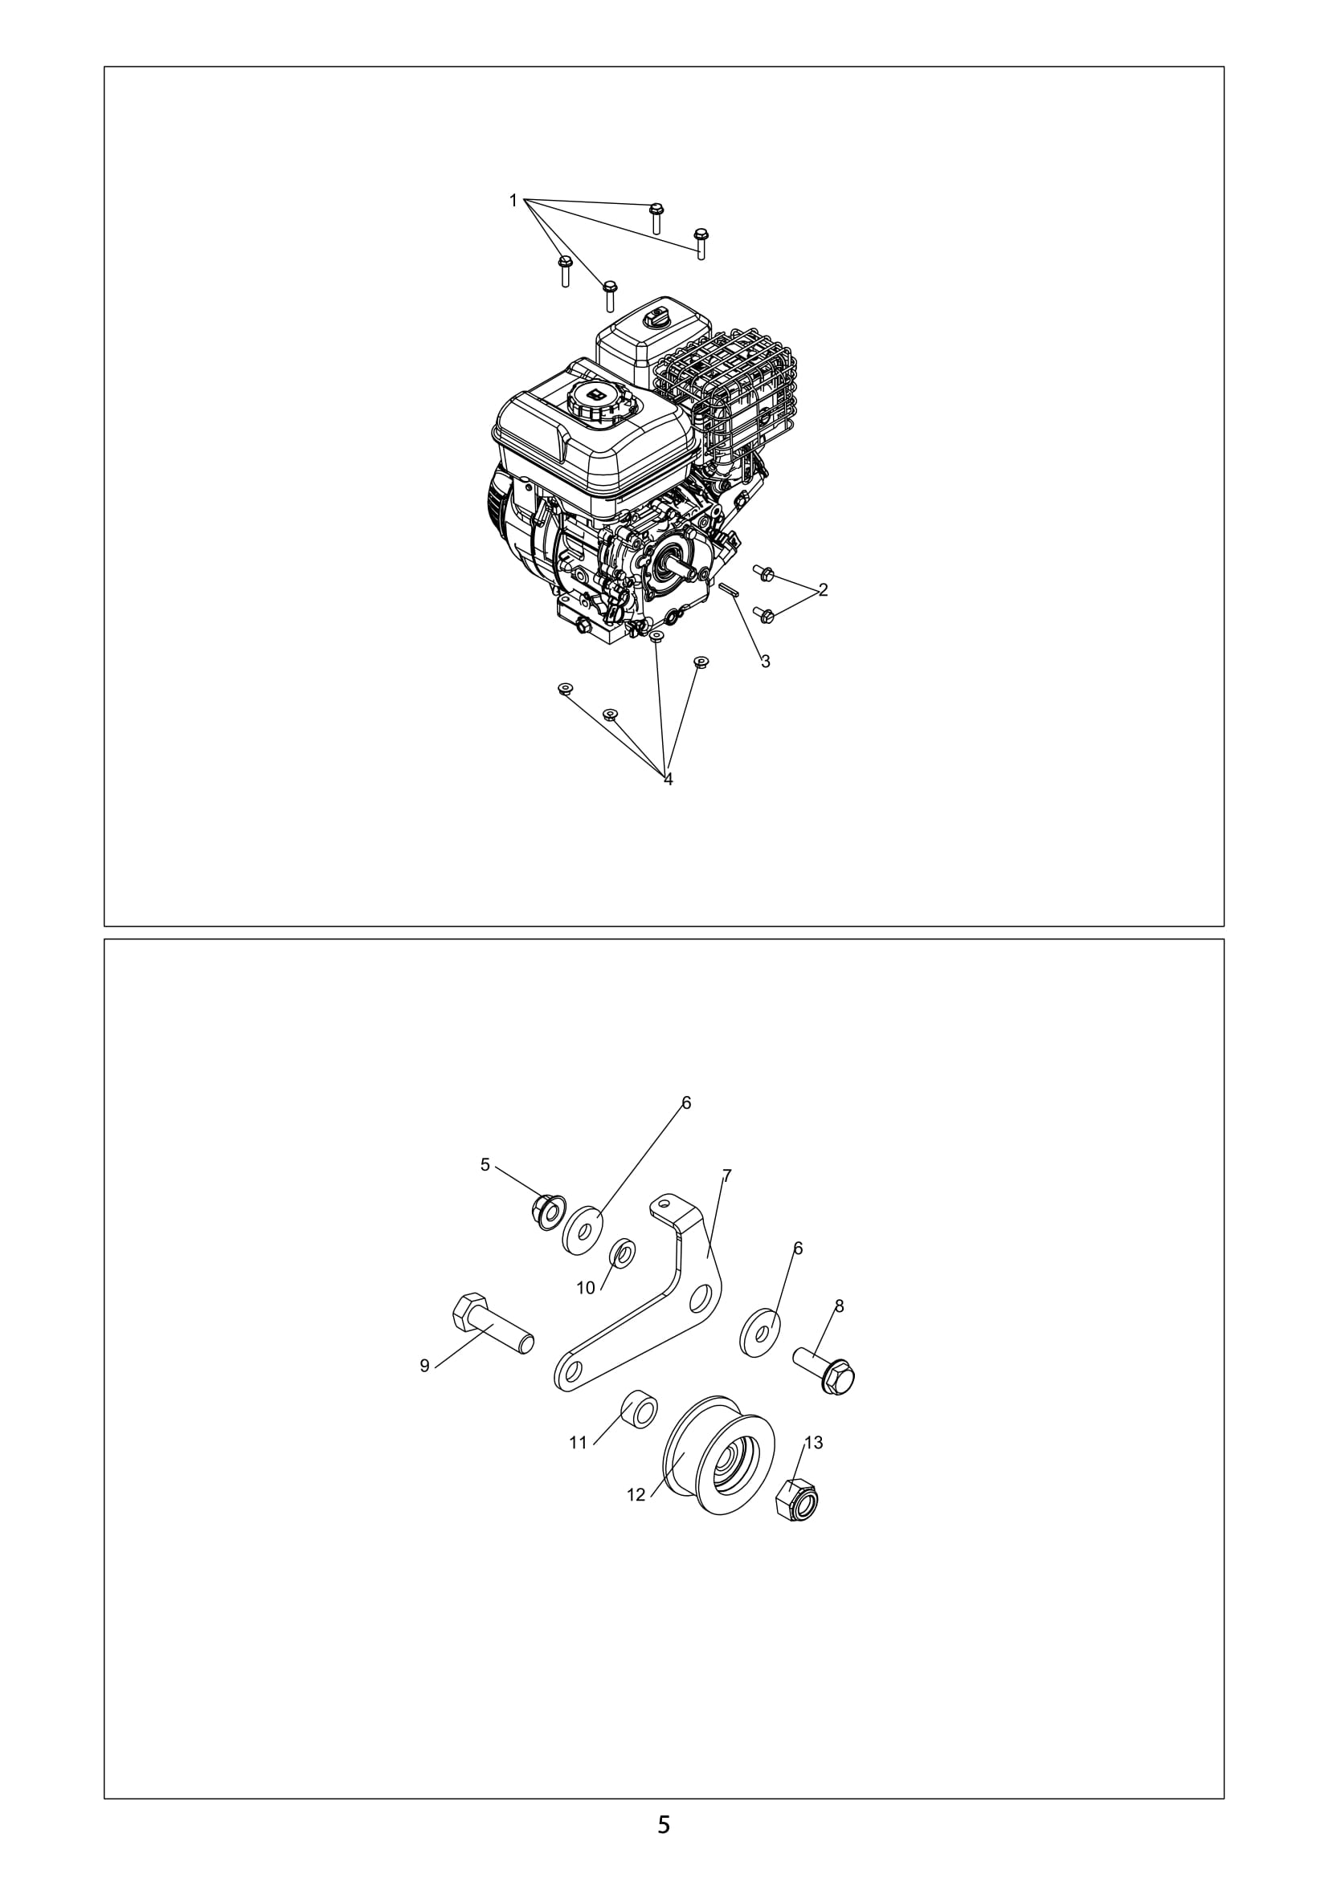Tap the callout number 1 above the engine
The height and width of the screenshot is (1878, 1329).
tap(513, 201)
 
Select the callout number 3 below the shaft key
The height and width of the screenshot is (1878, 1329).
tap(765, 662)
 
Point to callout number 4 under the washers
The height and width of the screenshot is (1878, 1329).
tap(668, 780)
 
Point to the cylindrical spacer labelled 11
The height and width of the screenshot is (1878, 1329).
tap(638, 1407)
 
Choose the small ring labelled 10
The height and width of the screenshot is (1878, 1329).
tap(624, 1253)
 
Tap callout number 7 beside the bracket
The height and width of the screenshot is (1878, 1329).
tap(726, 1177)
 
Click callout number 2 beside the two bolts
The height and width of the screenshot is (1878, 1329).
tap(824, 590)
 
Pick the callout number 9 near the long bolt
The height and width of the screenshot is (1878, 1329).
tap(425, 1366)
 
